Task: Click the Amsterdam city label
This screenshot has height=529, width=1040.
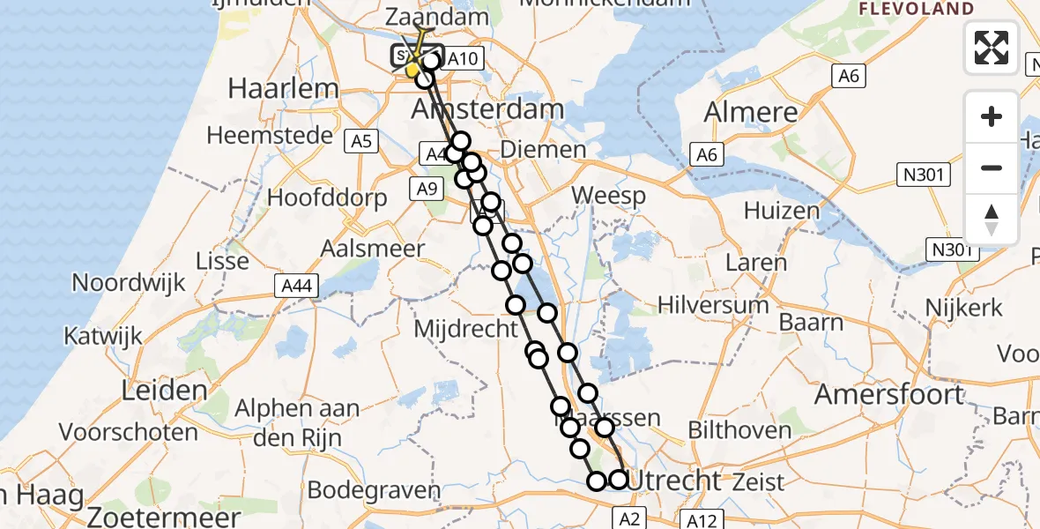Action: pyautogui.click(x=488, y=110)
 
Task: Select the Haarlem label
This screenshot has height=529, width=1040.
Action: pyautogui.click(x=271, y=88)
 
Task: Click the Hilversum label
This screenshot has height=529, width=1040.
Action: pyautogui.click(x=714, y=305)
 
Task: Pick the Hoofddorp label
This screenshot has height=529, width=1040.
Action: pyautogui.click(x=327, y=197)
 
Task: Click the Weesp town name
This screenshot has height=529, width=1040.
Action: pyautogui.click(x=608, y=195)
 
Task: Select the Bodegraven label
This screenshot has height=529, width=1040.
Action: pyautogui.click(x=374, y=489)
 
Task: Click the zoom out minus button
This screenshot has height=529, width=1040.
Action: pyautogui.click(x=992, y=168)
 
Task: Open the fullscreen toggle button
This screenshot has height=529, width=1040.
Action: pyautogui.click(x=992, y=48)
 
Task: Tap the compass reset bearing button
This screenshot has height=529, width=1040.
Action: pyautogui.click(x=992, y=219)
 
